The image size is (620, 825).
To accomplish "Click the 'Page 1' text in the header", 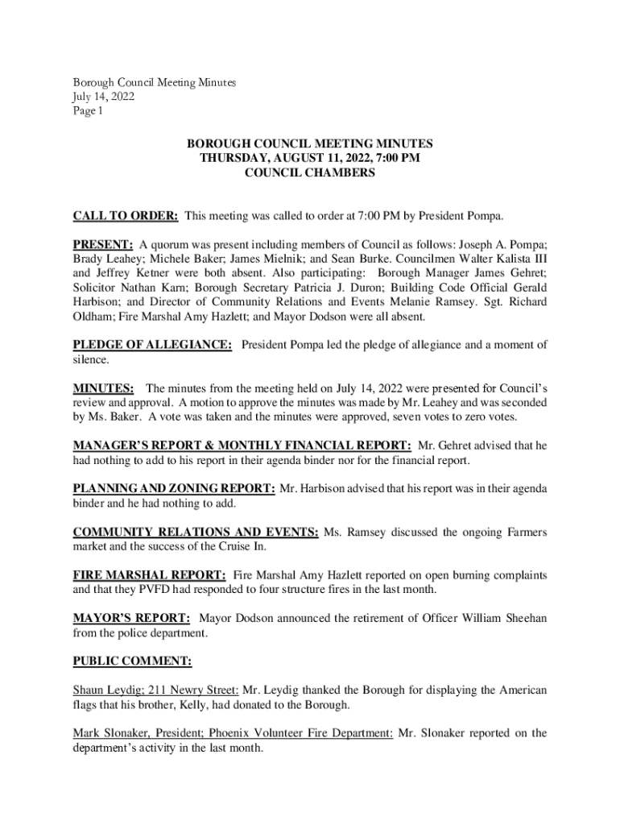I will (x=89, y=111).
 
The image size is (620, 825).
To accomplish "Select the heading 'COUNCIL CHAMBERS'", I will (x=310, y=172).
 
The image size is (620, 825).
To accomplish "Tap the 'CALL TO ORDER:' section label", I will (x=126, y=216).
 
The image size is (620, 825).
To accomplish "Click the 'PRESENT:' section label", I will (x=103, y=244).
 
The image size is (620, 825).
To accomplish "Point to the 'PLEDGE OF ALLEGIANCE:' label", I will (x=153, y=345).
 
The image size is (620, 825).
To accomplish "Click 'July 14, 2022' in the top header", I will (x=104, y=97).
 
